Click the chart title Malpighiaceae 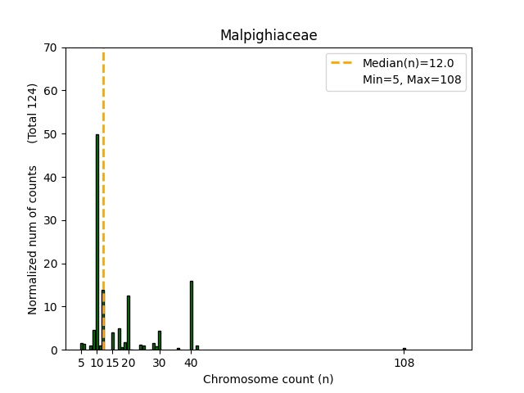[x=269, y=35]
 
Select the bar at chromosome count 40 [x=192, y=315]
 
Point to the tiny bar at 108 [x=404, y=349]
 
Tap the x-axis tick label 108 [x=404, y=364]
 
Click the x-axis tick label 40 [x=192, y=364]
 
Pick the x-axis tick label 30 [x=160, y=364]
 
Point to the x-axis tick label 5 [x=82, y=364]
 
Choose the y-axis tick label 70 [x=50, y=47]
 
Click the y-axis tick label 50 [x=50, y=134]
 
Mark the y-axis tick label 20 [x=50, y=264]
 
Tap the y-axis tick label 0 [x=53, y=350]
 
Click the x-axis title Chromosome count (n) [x=268, y=380]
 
